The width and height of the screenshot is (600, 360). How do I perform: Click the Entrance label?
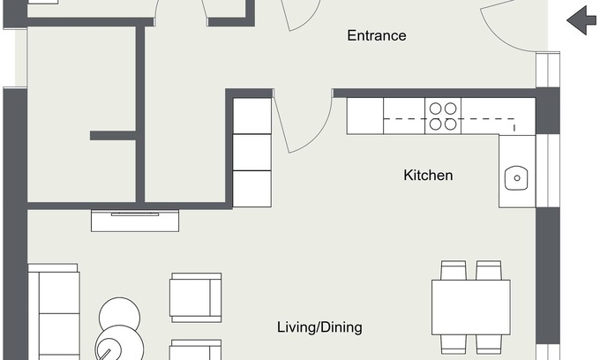[x=377, y=35]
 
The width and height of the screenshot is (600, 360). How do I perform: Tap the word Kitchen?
[x=428, y=176]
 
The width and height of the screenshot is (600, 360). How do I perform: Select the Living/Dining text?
[x=319, y=327]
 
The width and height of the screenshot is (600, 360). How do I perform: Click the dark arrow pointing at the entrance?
[x=581, y=20]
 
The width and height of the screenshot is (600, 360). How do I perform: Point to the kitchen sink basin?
[x=516, y=178]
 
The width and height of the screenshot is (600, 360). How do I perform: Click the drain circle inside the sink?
[x=517, y=178]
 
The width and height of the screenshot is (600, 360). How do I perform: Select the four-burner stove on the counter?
[x=443, y=116]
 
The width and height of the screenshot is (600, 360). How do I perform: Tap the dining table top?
[x=471, y=308]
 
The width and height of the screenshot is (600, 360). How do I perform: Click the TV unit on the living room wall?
[x=135, y=221]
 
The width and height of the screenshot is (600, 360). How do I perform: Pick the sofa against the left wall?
[x=54, y=311]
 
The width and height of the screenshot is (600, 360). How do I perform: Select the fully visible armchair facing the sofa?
[x=196, y=297]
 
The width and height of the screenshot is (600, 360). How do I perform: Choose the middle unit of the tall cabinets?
[x=252, y=153]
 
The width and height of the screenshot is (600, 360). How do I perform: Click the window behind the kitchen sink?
[x=548, y=170]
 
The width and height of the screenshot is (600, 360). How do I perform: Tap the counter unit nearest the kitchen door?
[x=365, y=116]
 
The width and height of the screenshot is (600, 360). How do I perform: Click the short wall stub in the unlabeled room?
[x=113, y=135]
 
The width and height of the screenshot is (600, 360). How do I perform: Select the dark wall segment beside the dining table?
[x=548, y=275]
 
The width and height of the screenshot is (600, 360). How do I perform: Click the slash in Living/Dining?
[x=318, y=327]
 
